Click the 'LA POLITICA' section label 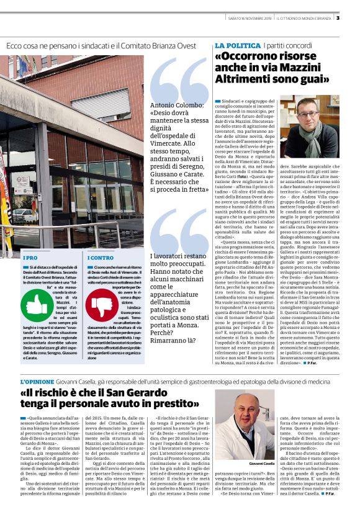237,46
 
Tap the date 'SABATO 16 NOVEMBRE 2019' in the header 250,18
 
